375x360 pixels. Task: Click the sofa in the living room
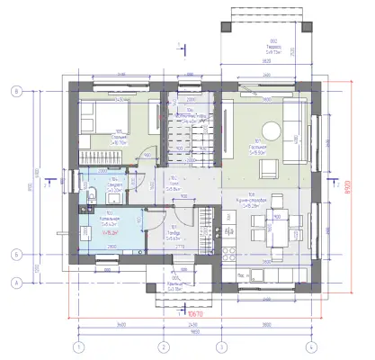coord(294,126)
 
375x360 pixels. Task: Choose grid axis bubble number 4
coord(308,346)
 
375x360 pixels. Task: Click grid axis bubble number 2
coord(164,346)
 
